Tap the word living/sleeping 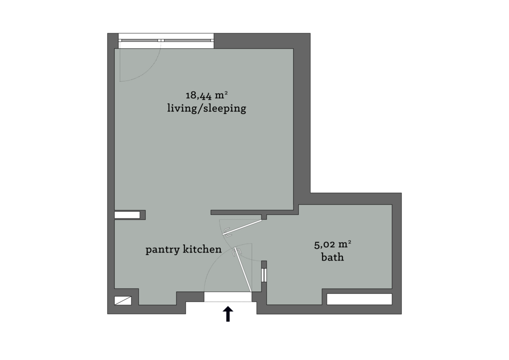click(206, 108)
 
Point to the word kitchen click(202, 250)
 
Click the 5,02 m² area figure click(333, 244)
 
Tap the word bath click(333, 258)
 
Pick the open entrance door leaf click(244, 269)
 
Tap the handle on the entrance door click(236, 253)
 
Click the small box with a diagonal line click(123, 300)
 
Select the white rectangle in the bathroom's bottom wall click(359, 299)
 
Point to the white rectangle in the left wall click(127, 215)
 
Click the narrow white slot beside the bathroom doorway click(264, 275)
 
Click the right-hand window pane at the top click(188, 40)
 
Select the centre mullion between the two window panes click(161, 40)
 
